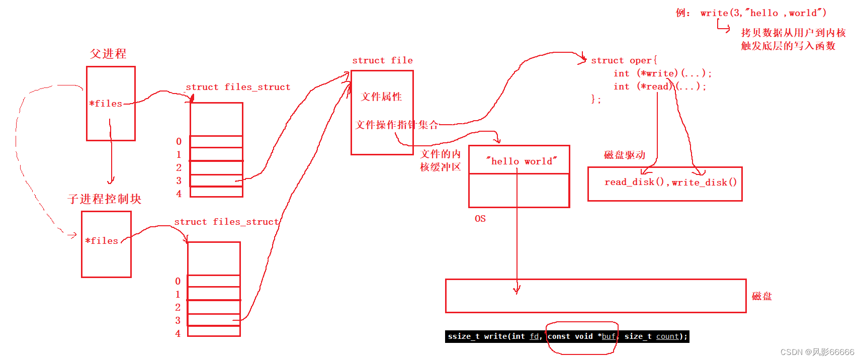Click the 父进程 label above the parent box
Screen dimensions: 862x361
[x=108, y=54]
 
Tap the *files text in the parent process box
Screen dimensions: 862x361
[x=106, y=104]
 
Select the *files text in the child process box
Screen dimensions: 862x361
[x=102, y=241]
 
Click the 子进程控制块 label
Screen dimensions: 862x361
[x=105, y=199]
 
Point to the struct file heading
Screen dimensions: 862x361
[x=382, y=60]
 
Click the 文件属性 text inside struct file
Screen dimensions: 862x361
[x=381, y=97]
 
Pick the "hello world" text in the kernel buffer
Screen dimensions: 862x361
[x=522, y=161]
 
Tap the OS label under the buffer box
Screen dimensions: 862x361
[x=480, y=219]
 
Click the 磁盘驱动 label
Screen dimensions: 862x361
[x=624, y=155]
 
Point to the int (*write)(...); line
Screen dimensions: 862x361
[x=662, y=73]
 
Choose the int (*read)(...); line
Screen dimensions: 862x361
[x=660, y=86]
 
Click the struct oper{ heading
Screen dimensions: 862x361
[x=624, y=60]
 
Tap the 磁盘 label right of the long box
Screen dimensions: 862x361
[x=761, y=296]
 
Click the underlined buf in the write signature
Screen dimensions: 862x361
[x=609, y=336]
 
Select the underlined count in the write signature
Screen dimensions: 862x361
[x=667, y=336]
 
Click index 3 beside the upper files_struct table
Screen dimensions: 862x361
[x=179, y=180]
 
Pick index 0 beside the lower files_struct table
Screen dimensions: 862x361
[x=178, y=281]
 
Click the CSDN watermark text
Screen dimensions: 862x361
[x=817, y=352]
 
